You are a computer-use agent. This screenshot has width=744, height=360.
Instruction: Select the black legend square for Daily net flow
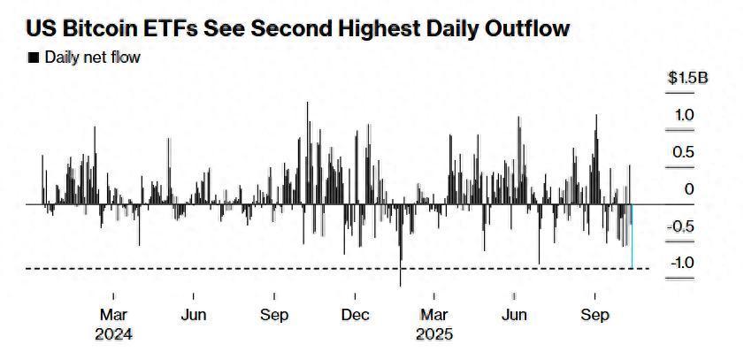pyautogui.click(x=34, y=58)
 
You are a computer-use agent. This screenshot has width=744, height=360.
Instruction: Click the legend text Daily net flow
pyautogui.click(x=93, y=58)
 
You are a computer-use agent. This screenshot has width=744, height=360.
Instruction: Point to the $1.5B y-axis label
pyautogui.click(x=687, y=78)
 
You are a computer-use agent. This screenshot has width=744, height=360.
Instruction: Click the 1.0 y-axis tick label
pyautogui.click(x=684, y=115)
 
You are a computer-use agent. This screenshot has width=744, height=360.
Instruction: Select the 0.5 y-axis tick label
pyautogui.click(x=684, y=152)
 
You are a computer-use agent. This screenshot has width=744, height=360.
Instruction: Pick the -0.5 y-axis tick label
pyautogui.click(x=681, y=226)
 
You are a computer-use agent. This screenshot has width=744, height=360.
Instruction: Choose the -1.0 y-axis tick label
pyautogui.click(x=681, y=263)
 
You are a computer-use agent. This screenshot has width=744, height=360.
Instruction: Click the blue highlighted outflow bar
pyautogui.click(x=632, y=236)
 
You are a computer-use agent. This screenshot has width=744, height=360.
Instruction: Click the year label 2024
pyautogui.click(x=115, y=334)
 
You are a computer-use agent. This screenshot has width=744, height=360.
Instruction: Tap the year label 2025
pyautogui.click(x=435, y=334)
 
